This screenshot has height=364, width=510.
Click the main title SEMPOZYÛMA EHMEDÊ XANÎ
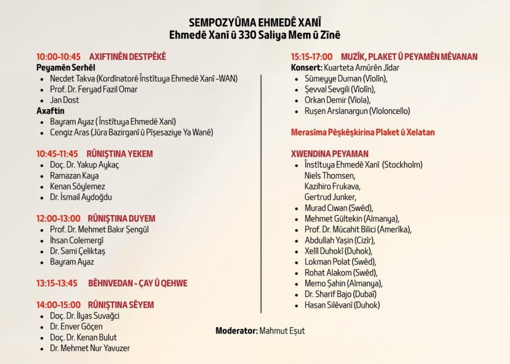tap(255, 22)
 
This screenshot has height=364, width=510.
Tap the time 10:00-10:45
tap(58, 57)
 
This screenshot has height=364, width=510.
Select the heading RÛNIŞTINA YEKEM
tap(120, 154)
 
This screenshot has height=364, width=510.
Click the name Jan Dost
tap(64, 100)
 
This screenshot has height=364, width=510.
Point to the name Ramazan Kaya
tap(74, 175)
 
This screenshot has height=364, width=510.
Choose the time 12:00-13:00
tap(58, 218)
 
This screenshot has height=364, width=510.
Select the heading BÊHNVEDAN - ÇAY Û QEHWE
tap(137, 283)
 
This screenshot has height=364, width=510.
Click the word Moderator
tap(236, 331)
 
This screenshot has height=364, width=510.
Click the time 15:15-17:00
tap(312, 57)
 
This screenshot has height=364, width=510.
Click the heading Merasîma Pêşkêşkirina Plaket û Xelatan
tap(363, 132)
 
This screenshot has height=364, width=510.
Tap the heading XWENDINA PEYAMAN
tap(331, 154)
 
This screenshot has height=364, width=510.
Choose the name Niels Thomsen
tap(329, 175)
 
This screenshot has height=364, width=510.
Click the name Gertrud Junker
tap(330, 197)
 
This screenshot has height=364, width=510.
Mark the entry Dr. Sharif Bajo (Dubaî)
tap(340, 294)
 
